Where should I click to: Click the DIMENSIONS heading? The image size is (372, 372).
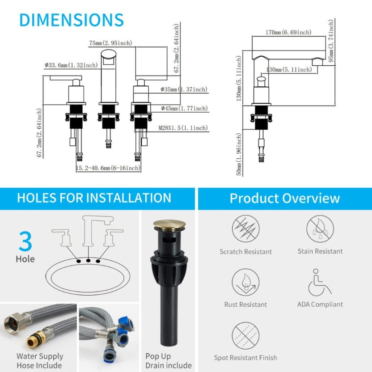(72, 20)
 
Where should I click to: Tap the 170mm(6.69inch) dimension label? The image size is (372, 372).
(288, 32)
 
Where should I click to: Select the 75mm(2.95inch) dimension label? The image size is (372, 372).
(110, 43)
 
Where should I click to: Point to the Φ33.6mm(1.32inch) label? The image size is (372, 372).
(71, 65)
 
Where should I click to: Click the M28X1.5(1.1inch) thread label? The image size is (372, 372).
(183, 128)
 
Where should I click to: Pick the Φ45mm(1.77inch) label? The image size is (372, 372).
(184, 108)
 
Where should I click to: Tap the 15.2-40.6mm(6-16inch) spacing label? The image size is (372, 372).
(108, 168)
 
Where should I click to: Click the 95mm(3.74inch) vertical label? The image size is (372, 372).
(331, 41)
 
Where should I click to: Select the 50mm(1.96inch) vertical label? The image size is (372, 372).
(239, 154)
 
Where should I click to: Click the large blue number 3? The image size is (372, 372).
(25, 241)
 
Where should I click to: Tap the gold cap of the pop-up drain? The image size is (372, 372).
(169, 224)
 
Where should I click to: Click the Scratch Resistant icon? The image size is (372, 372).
(245, 229)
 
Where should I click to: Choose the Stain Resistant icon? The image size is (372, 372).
(320, 229)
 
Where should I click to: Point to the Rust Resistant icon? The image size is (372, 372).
(245, 282)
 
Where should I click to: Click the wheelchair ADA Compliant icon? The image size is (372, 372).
(320, 282)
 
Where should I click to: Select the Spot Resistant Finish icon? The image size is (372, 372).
(245, 335)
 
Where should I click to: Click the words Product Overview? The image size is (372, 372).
(285, 199)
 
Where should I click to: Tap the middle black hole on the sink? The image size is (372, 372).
(88, 261)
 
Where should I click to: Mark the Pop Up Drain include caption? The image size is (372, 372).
(169, 361)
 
